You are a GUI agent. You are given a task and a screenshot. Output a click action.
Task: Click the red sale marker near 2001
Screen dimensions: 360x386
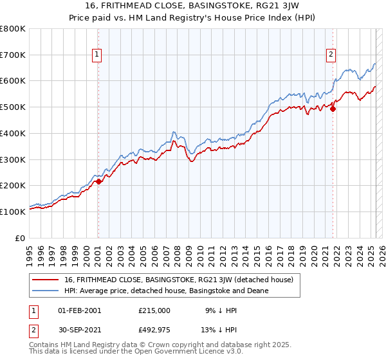click(x=98, y=182)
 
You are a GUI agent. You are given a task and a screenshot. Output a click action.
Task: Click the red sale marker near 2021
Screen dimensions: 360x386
click(x=333, y=109)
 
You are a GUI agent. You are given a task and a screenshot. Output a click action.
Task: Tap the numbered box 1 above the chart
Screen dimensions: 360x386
click(x=96, y=55)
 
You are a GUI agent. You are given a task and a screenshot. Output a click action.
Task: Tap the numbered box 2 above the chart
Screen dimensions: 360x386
click(x=331, y=55)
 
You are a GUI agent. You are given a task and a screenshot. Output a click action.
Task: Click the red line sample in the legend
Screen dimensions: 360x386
click(x=46, y=280)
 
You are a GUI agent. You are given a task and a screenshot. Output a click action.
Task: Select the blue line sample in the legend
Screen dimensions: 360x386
click(x=46, y=291)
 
